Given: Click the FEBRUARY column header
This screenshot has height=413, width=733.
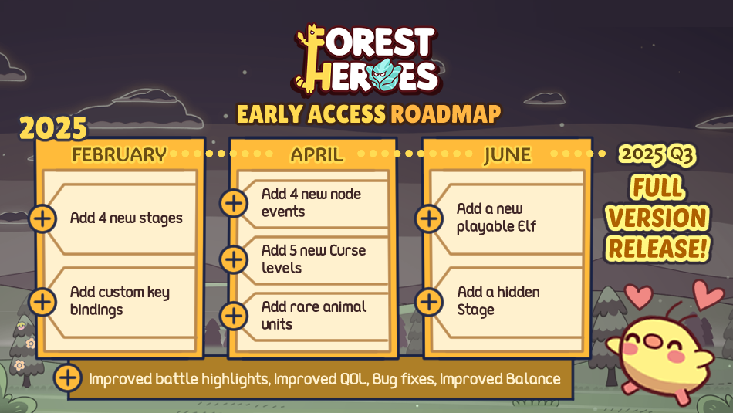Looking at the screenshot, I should tap(120, 154).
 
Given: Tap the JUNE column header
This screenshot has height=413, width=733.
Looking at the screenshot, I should tap(507, 154).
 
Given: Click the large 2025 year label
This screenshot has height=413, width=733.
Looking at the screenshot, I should tap(53, 128).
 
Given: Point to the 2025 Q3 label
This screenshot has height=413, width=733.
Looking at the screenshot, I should tap(658, 154).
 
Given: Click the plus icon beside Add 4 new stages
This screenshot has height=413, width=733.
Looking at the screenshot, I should tap(43, 218).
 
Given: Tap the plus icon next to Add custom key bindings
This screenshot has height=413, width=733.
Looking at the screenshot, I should tap(43, 300).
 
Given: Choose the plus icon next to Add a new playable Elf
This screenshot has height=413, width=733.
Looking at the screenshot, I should tap(429, 218).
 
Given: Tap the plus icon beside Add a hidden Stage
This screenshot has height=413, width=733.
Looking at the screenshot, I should tap(429, 300).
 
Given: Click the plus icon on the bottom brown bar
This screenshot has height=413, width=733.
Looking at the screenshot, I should tap(69, 378).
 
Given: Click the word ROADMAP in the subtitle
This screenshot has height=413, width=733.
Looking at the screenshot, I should tap(445, 114).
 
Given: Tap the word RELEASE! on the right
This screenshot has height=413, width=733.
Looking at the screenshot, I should tap(658, 247).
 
